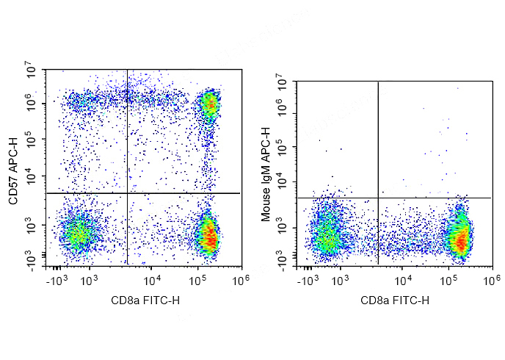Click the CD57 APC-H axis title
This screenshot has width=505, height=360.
tap(13, 170)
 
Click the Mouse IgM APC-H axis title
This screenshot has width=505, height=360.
tap(266, 174)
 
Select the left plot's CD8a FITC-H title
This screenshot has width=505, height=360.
tap(145, 300)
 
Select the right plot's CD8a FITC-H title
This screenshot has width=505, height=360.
tap(395, 300)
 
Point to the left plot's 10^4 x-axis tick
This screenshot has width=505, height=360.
tap(152, 281)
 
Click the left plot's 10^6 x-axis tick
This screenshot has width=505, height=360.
tap(241, 281)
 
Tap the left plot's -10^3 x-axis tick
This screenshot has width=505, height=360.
tap(57, 281)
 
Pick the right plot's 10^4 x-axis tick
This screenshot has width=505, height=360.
tap(402, 281)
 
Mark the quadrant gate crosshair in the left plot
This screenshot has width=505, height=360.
tap(127, 193)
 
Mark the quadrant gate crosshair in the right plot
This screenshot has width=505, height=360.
tap(378, 198)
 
